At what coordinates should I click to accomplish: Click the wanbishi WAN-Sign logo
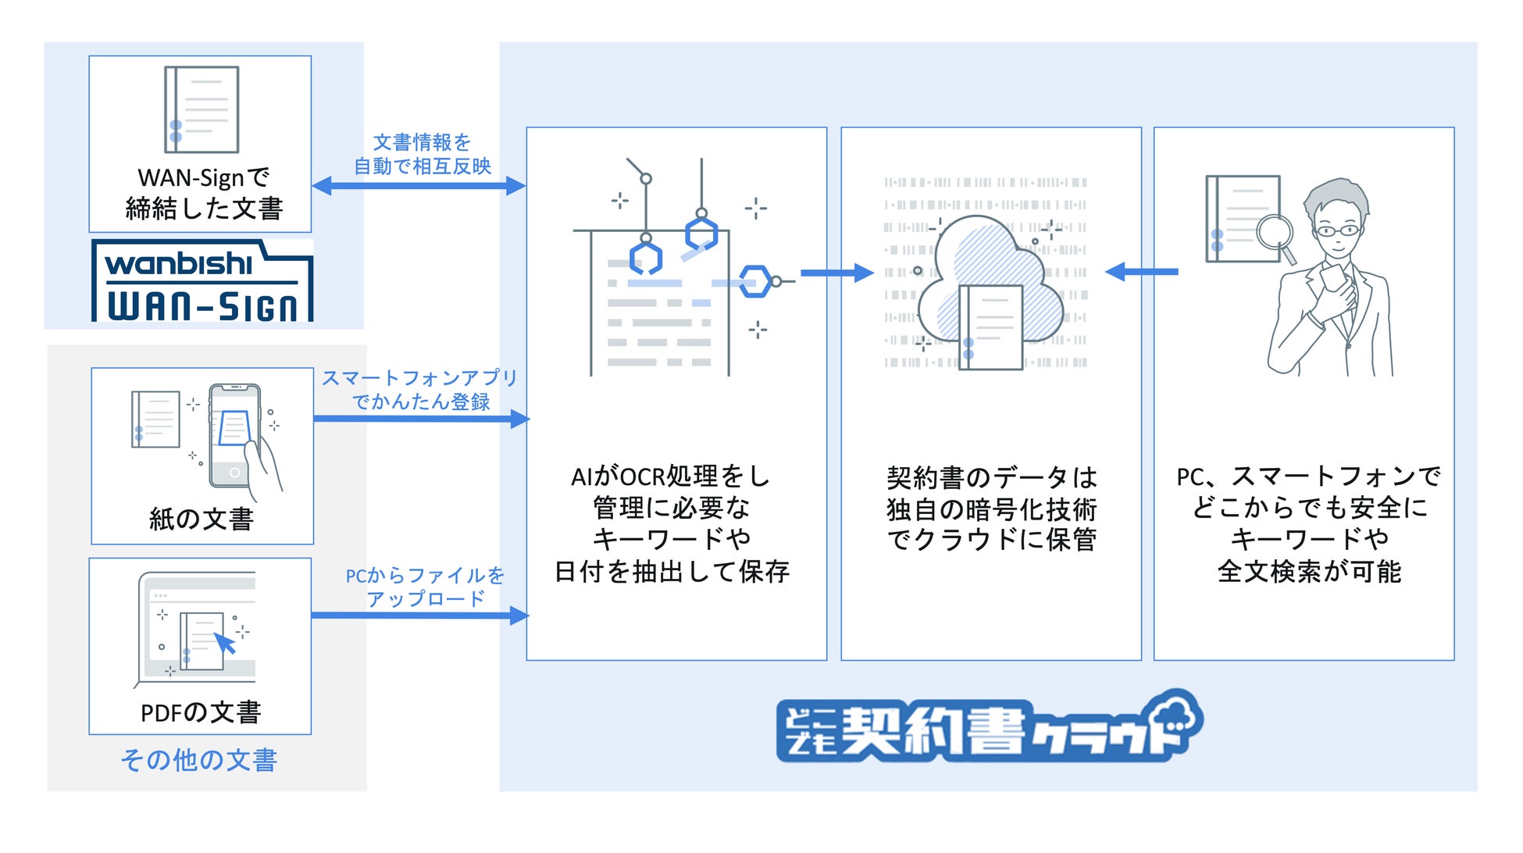pos(202,281)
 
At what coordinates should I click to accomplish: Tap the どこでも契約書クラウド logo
pos(989,727)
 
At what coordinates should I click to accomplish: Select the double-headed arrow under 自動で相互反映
pos(419,186)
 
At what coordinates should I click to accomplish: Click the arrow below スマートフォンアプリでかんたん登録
pos(421,419)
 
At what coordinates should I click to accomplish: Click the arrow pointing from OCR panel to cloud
pos(836,273)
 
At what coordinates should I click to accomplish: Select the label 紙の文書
pos(202,519)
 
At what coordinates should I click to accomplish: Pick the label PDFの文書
pos(201,712)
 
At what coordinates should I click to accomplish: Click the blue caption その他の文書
pos(199,759)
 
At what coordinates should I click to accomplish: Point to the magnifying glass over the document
pos(1275,234)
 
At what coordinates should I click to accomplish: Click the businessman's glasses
pos(1336,230)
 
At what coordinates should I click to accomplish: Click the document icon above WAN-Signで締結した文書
pos(202,109)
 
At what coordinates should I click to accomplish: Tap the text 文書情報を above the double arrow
pos(422,142)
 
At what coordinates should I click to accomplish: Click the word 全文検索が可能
pos(1309,571)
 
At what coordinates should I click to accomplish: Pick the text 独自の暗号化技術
pos(991,509)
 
